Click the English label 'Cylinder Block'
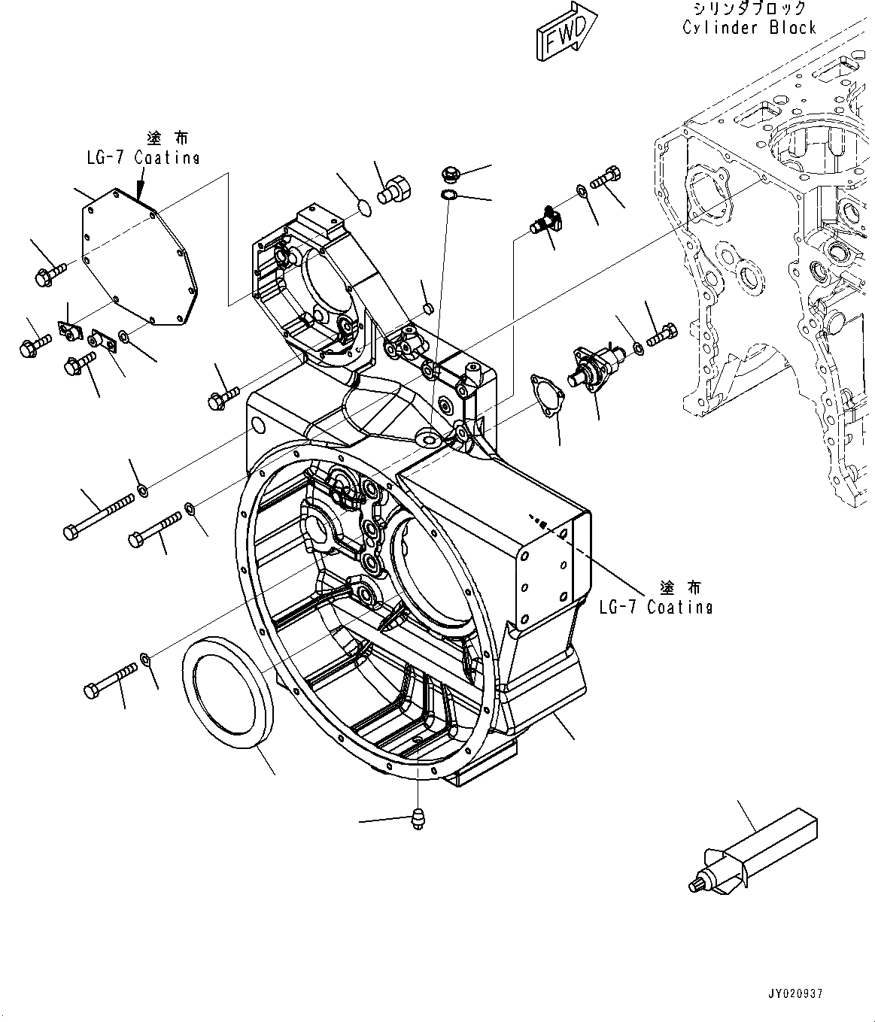pyautogui.click(x=749, y=28)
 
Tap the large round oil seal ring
pyautogui.click(x=225, y=692)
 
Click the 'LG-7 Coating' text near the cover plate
pyautogui.click(x=142, y=158)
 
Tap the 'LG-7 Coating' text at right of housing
pyautogui.click(x=655, y=606)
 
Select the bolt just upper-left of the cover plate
pyautogui.click(x=50, y=273)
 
